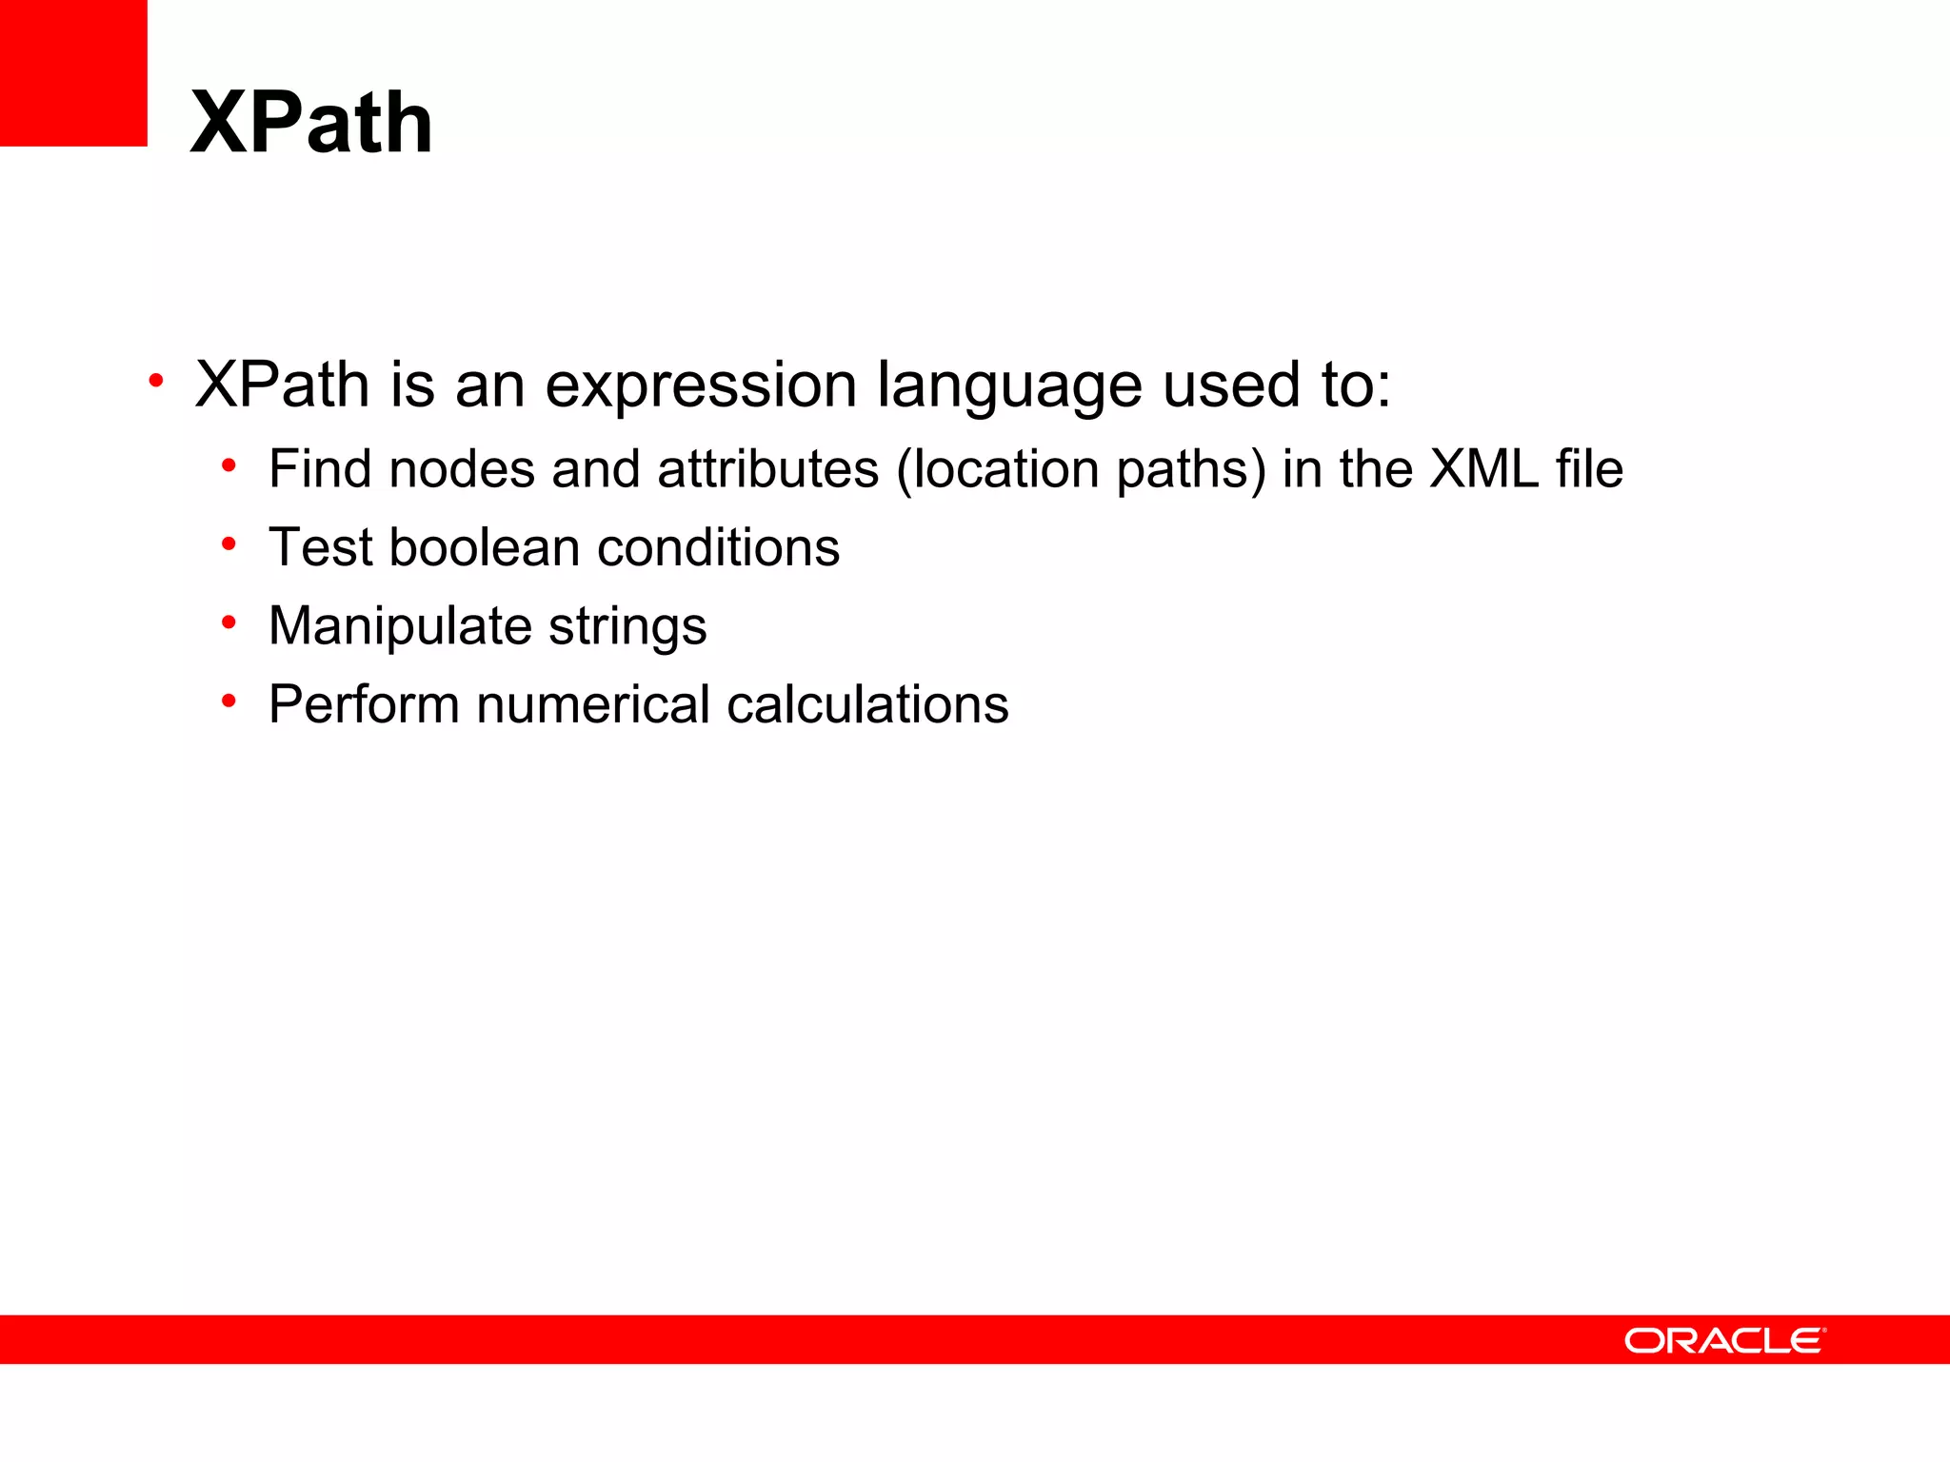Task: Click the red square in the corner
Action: pyautogui.click(x=73, y=72)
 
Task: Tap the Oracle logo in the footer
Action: pyautogui.click(x=1724, y=1340)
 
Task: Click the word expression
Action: pyautogui.click(x=701, y=385)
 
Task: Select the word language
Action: pyautogui.click(x=1008, y=385)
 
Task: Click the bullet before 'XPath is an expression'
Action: pyautogui.click(x=156, y=382)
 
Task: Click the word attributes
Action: pyautogui.click(x=767, y=468)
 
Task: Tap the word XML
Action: pyautogui.click(x=1483, y=468)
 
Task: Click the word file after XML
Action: pyautogui.click(x=1589, y=468)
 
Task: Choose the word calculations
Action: pyautogui.click(x=867, y=704)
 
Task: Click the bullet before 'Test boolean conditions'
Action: pyautogui.click(x=229, y=544)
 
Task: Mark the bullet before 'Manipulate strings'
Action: pyautogui.click(x=229, y=623)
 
